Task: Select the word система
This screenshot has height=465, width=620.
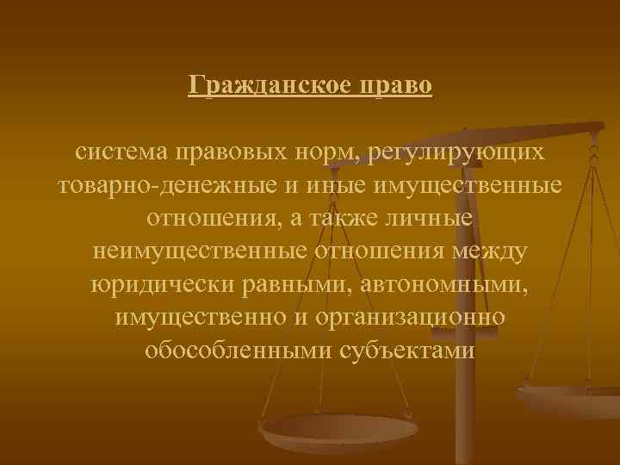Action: pyautogui.click(x=122, y=153)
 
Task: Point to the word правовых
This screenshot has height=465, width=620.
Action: pyautogui.click(x=227, y=153)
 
